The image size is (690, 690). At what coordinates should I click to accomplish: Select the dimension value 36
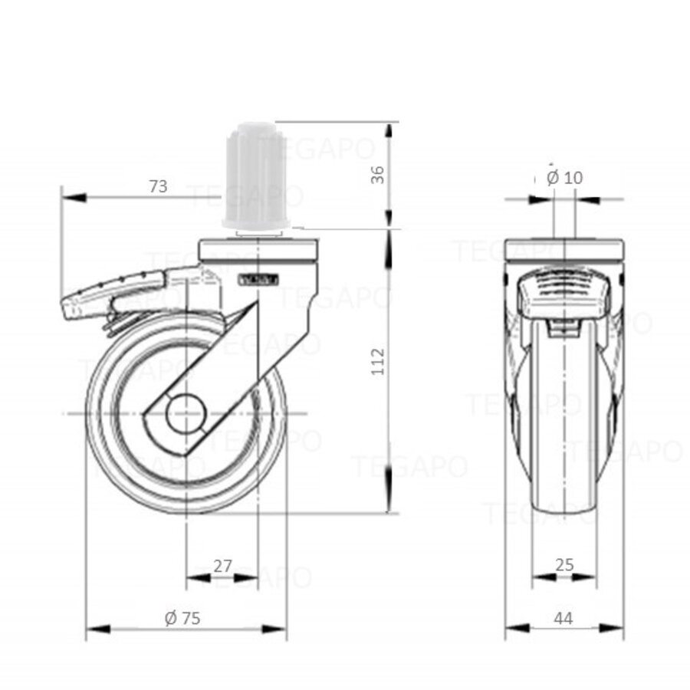(x=377, y=176)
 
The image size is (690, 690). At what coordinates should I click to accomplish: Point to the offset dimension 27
(x=222, y=567)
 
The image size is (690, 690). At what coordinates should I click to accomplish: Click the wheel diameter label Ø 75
(x=182, y=618)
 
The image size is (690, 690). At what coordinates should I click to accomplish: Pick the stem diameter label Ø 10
(x=565, y=178)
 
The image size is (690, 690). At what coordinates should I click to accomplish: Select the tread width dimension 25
(x=564, y=566)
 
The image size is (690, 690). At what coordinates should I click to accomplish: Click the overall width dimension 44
(x=563, y=618)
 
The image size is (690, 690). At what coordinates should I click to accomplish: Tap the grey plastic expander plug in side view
(x=256, y=176)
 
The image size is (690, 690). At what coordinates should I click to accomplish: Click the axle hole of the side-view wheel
(x=186, y=414)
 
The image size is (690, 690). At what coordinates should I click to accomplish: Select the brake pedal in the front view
(x=564, y=295)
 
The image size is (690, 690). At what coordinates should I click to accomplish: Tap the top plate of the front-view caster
(x=564, y=250)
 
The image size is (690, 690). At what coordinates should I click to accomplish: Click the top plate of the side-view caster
(x=257, y=250)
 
